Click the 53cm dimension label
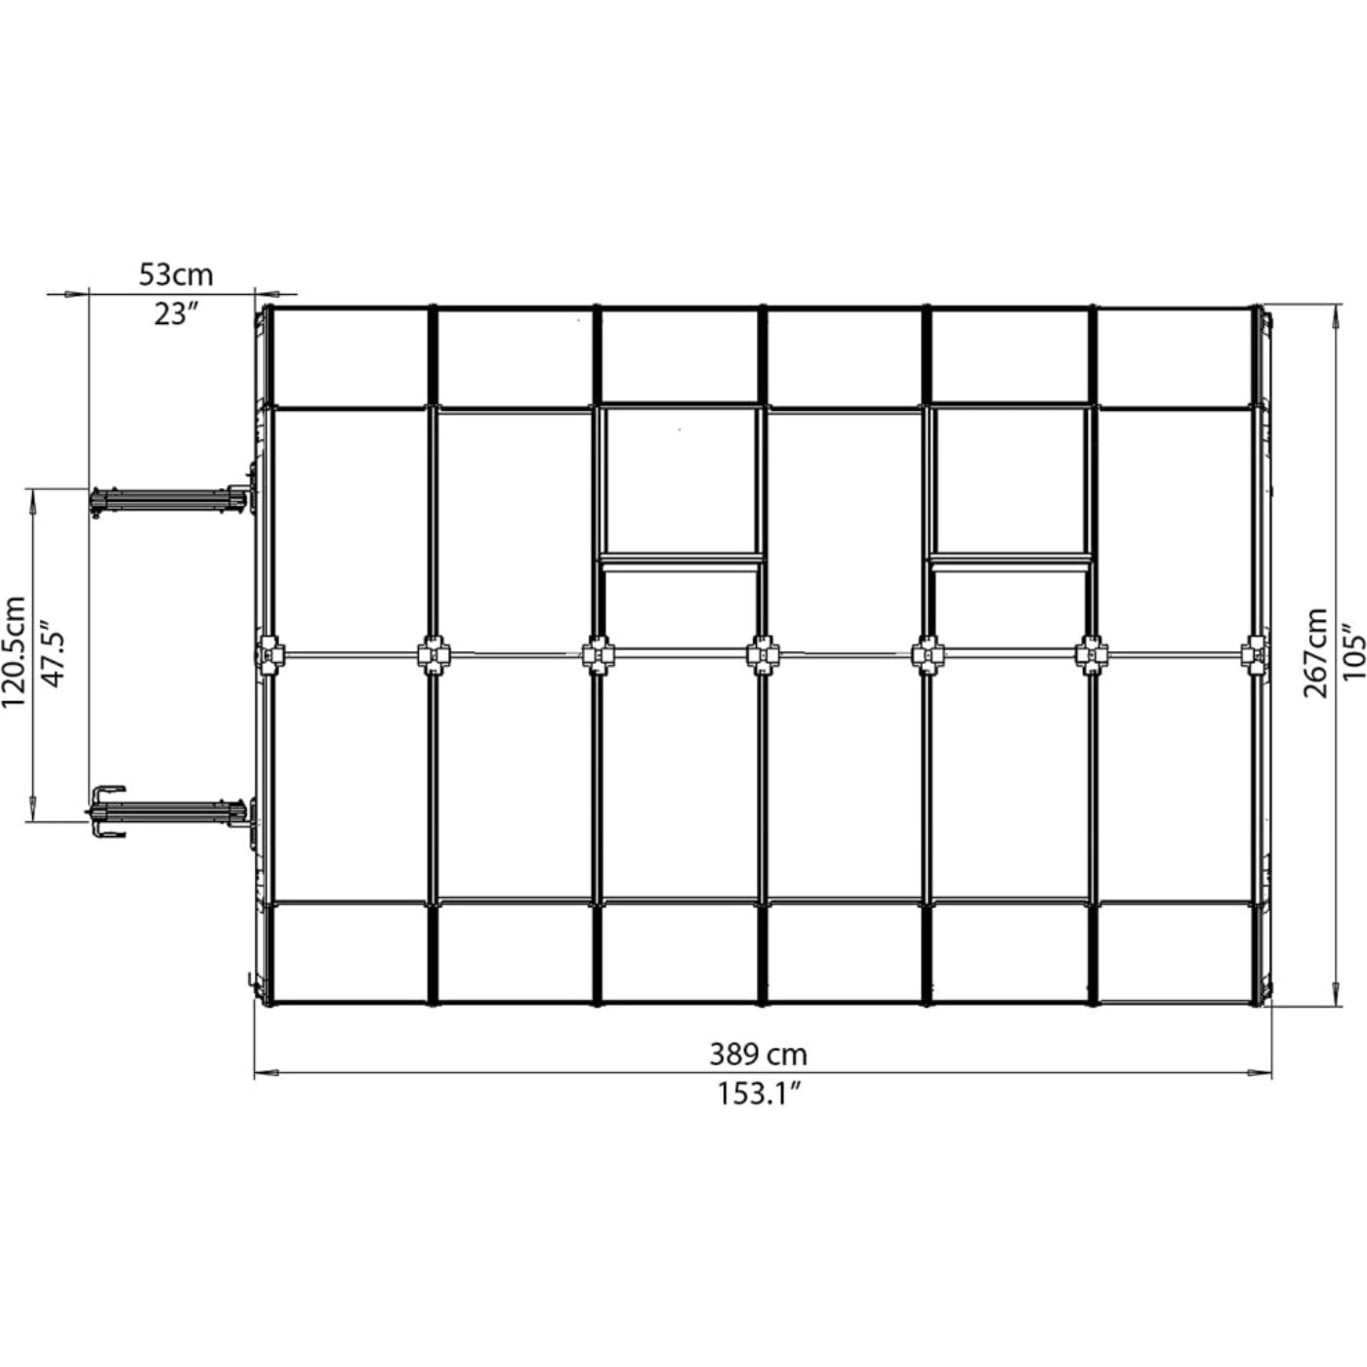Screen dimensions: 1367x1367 (x=176, y=274)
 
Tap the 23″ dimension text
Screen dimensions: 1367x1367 (x=176, y=315)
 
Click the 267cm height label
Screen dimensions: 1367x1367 (x=1315, y=652)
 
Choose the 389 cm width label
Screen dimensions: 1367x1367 (x=758, y=1055)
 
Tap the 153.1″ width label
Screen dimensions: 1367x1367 (x=760, y=1095)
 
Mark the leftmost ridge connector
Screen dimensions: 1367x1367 (x=269, y=653)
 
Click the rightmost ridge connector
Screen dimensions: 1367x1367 (x=1256, y=653)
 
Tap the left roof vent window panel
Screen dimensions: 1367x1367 (x=680, y=482)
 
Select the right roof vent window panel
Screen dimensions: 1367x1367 (x=1011, y=482)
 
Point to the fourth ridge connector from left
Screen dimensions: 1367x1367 (x=763, y=653)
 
